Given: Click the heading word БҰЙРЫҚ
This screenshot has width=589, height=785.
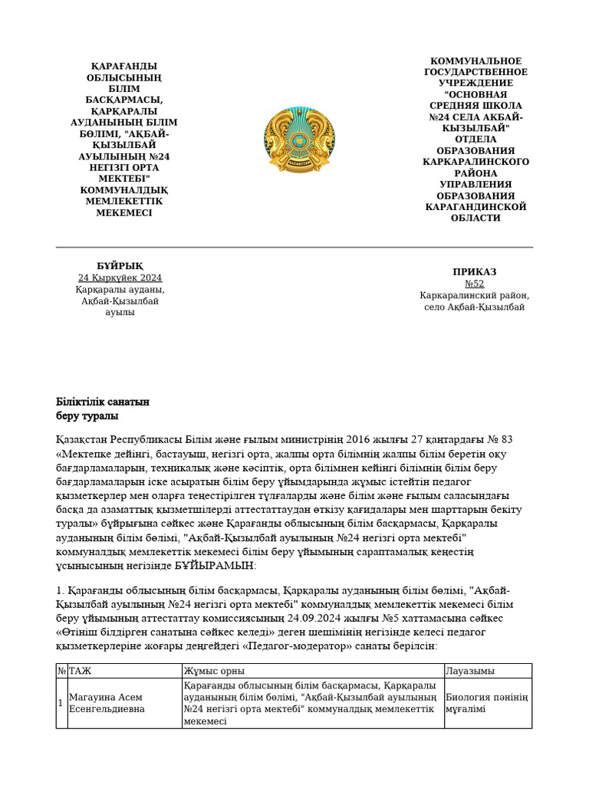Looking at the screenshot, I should pyautogui.click(x=120, y=265).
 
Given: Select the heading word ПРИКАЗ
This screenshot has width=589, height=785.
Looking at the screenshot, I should pyautogui.click(x=475, y=271).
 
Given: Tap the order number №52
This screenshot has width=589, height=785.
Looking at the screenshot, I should pyautogui.click(x=475, y=284).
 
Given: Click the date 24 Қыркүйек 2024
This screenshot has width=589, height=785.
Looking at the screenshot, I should pyautogui.click(x=120, y=278).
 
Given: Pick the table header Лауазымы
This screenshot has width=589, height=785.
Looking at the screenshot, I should pyautogui.click(x=470, y=671).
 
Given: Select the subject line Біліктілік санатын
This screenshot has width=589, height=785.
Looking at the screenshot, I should pyautogui.click(x=103, y=402).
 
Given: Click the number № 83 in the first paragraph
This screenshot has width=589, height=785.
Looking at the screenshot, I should pyautogui.click(x=498, y=440).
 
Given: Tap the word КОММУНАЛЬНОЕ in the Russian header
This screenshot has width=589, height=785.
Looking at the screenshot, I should pyautogui.click(x=475, y=61).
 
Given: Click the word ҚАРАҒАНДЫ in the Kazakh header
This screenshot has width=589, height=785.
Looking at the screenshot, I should pyautogui.click(x=124, y=66).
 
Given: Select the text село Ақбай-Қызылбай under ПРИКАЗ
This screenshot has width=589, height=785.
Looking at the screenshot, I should pyautogui.click(x=475, y=307).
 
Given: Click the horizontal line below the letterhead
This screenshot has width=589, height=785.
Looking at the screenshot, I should pyautogui.click(x=294, y=248).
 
